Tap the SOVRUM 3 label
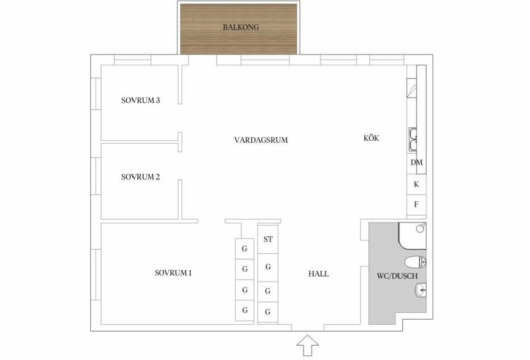(140, 101)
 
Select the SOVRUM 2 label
(140, 177)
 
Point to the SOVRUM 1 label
(173, 273)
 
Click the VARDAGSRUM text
(261, 140)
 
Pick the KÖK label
(371, 138)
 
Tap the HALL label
(318, 274)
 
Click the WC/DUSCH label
(397, 277)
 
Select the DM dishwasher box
(416, 162)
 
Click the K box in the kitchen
(416, 184)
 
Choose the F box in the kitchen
(416, 204)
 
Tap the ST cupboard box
(268, 239)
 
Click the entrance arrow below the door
(308, 345)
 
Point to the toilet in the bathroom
(416, 262)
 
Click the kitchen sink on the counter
(414, 139)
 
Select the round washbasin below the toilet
(420, 291)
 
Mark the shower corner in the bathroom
(412, 236)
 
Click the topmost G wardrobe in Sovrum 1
(245, 249)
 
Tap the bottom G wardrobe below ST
(268, 312)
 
